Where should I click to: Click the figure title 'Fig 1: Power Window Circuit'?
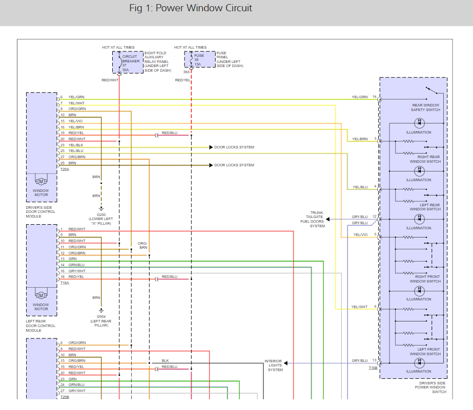click(x=190, y=8)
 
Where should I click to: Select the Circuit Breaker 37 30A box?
click(x=128, y=62)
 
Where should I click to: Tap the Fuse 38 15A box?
click(x=200, y=59)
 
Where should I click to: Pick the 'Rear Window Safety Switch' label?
click(x=425, y=107)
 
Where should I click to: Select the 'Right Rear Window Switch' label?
click(x=425, y=159)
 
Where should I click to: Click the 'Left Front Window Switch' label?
click(x=425, y=352)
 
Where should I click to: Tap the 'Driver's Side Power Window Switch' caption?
click(x=430, y=387)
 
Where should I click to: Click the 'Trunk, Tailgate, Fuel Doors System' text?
click(x=313, y=219)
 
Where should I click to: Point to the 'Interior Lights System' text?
click(x=274, y=365)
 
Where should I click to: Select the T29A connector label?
click(x=65, y=169)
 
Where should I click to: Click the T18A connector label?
click(x=65, y=283)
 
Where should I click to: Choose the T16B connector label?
click(x=373, y=368)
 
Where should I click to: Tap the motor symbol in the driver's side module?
click(x=41, y=181)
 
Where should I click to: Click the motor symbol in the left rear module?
click(x=41, y=295)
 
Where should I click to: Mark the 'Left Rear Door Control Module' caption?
click(x=40, y=326)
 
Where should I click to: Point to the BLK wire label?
click(x=165, y=360)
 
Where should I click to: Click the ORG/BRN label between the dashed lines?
click(x=142, y=245)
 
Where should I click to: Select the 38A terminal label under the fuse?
click(x=187, y=72)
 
